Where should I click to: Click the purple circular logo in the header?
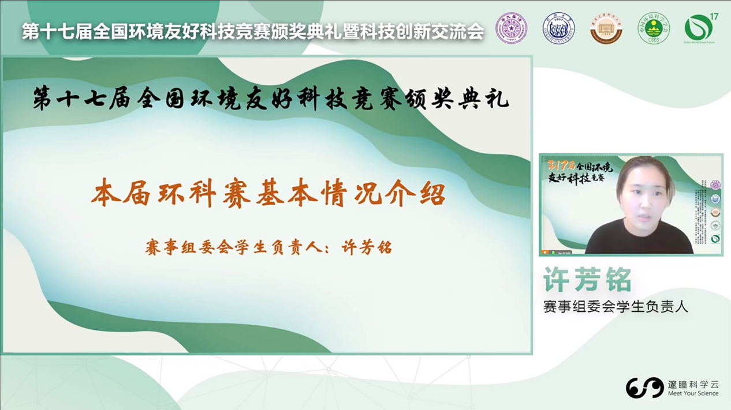512,28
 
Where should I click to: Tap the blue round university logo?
558,28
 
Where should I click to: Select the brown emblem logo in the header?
606,28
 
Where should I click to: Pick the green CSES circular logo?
654,28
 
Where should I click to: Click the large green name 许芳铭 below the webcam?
587,280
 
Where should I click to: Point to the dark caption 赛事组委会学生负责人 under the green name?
616,307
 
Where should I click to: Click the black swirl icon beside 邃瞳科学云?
644,388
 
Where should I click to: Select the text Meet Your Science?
693,394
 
